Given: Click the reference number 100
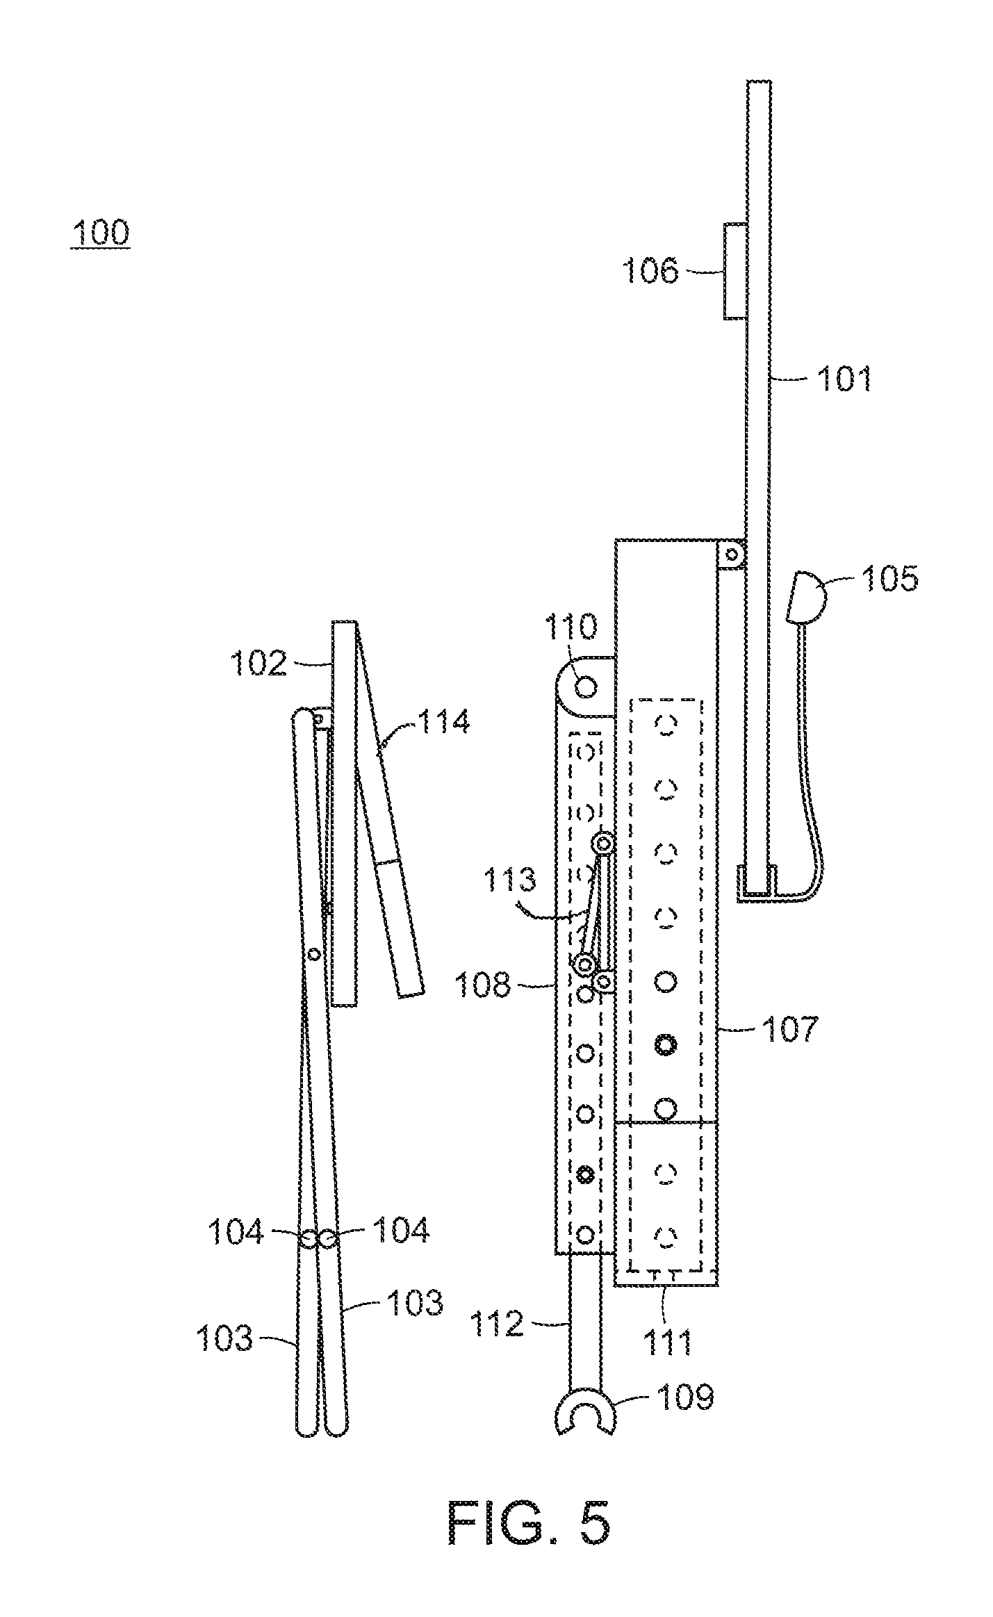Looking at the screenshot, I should click(100, 232).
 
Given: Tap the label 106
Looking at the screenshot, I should click(650, 270).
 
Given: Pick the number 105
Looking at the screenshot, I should click(890, 578).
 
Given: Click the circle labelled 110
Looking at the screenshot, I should click(586, 687).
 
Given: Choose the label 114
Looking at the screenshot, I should click(443, 722).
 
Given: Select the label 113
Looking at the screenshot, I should click(511, 880).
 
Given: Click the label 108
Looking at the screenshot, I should click(482, 985).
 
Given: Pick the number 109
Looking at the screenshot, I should click(685, 1395).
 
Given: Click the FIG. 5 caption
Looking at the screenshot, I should click(529, 1522).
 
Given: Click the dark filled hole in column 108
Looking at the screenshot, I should click(586, 1174).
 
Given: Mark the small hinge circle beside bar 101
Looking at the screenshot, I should click(732, 555).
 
